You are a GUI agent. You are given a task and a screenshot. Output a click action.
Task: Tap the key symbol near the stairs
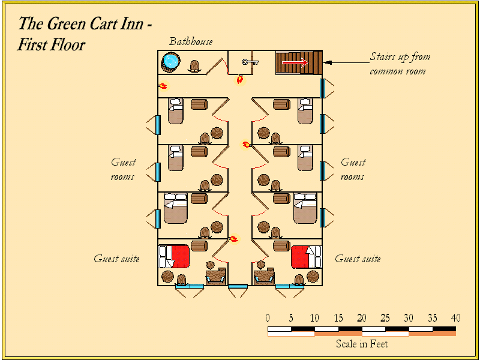coord(249,61)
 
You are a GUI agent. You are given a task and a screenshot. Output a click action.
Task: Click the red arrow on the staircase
coord(295,62)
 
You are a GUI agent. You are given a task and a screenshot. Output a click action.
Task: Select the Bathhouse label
coord(191,41)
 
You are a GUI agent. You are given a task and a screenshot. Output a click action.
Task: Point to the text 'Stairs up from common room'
coord(399,64)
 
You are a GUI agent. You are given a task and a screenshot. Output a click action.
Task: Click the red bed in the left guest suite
coord(178,256)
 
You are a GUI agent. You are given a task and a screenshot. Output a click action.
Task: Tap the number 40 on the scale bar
coord(455,317)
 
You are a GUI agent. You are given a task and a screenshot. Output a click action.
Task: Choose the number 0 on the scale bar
coord(268,317)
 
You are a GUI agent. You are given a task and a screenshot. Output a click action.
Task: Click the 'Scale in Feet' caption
coord(361,344)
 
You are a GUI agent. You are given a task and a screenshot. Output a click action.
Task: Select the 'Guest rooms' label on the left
coord(123,169)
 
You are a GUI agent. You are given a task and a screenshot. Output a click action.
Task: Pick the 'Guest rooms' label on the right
coord(353,169)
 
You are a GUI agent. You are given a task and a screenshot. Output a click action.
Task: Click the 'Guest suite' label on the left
coord(116,259)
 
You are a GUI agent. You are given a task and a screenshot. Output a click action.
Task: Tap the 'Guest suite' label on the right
coord(358,259)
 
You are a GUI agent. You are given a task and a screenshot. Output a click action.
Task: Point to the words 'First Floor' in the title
coord(52,44)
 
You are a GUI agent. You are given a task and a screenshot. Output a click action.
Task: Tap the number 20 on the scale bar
coord(361,317)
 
